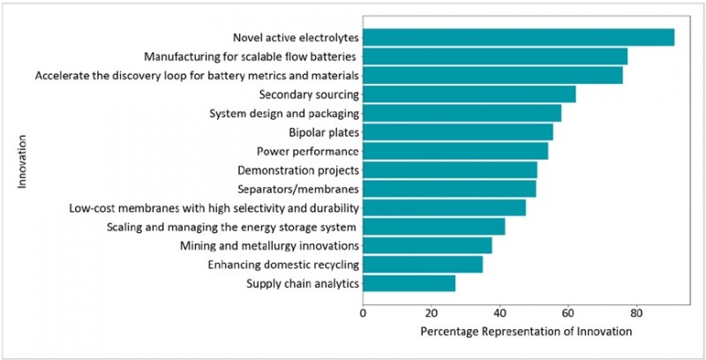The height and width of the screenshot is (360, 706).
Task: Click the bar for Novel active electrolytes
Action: (x=518, y=37)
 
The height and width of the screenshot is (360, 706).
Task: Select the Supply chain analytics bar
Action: (x=409, y=283)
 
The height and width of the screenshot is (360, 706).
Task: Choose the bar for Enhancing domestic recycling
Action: (x=423, y=265)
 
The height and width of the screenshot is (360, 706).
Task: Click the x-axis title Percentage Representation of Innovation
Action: (x=526, y=332)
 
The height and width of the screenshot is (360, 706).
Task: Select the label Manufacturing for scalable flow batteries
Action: (x=250, y=56)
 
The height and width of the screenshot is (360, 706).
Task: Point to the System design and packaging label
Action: (x=283, y=114)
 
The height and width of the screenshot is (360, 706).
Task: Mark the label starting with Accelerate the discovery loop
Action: (x=197, y=76)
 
